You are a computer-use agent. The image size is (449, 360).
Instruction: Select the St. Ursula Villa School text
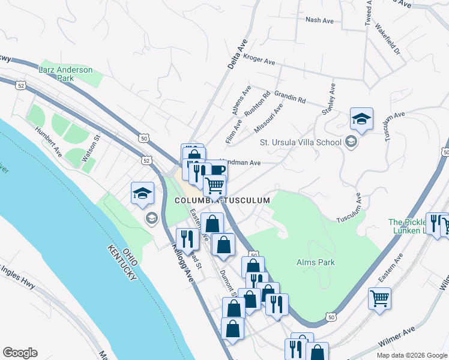pyautogui.click(x=300, y=142)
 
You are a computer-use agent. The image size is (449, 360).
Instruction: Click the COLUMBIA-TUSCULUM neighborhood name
pyautogui.click(x=222, y=200)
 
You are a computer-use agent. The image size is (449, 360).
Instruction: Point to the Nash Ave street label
pyautogui.click(x=319, y=20)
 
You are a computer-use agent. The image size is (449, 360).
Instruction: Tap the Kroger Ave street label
pyautogui.click(x=259, y=60)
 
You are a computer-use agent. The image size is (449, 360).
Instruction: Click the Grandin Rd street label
pyautogui.click(x=290, y=96)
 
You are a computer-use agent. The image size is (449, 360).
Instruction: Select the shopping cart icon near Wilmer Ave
pyautogui.click(x=380, y=298)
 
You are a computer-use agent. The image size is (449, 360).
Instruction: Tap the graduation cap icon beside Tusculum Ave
pyautogui.click(x=362, y=119)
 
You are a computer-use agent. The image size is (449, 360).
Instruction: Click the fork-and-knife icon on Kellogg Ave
pyautogui.click(x=187, y=239)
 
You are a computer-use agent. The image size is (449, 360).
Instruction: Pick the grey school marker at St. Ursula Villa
pyautogui.click(x=351, y=142)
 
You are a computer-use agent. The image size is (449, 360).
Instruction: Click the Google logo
pyautogui.click(x=20, y=353)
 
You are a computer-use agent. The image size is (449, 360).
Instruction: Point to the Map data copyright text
pyautogui.click(x=412, y=355)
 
